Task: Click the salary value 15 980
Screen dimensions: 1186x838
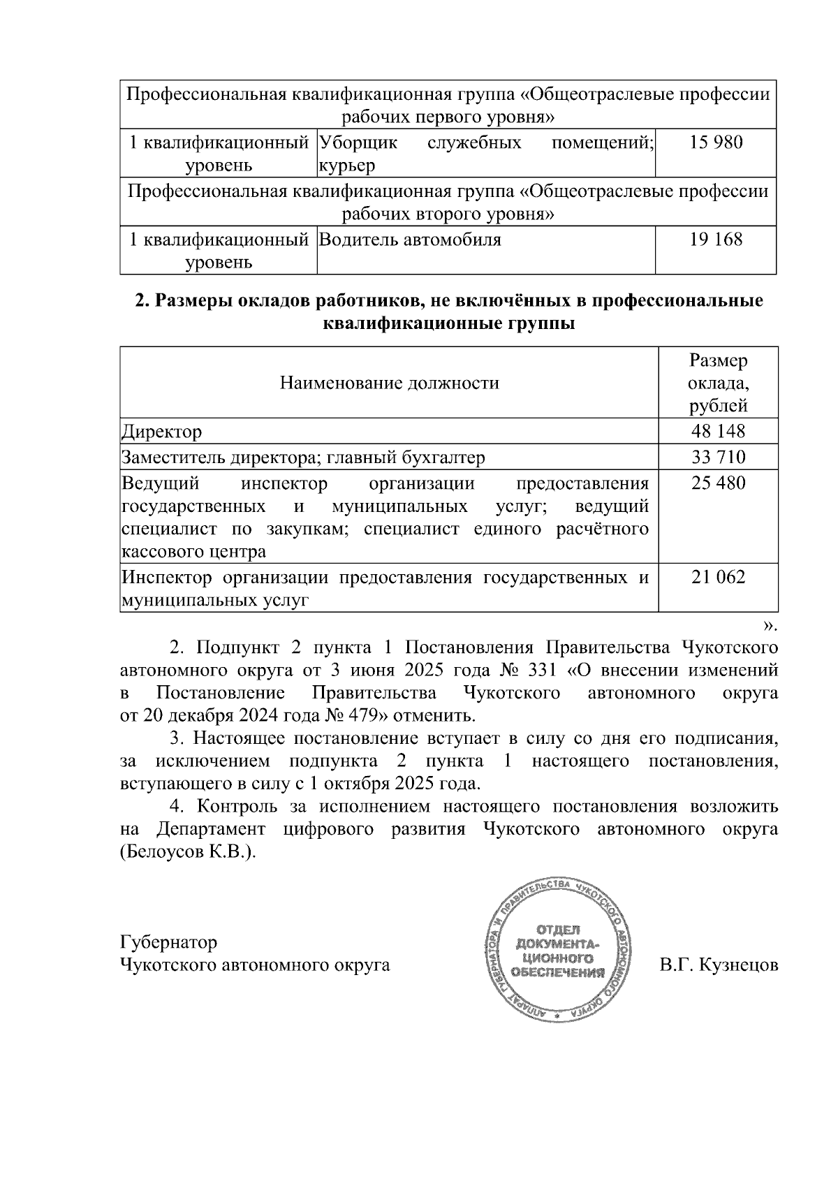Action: [x=716, y=143]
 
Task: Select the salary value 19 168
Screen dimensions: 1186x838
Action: [x=716, y=240]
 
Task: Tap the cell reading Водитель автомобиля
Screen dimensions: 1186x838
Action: [x=410, y=240]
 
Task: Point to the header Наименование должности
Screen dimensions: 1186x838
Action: [x=390, y=383]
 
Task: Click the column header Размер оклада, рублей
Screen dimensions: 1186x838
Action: [x=717, y=383]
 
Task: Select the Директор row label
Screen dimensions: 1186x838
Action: [x=162, y=432]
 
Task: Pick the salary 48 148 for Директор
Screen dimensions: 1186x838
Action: [x=718, y=432]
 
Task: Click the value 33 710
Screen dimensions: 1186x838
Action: [x=718, y=457]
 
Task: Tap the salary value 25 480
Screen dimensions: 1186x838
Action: [x=718, y=483]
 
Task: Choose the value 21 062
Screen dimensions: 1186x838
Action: [x=718, y=577]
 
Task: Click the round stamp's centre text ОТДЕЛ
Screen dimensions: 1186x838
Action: [x=557, y=930]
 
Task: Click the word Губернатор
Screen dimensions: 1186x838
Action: [x=169, y=942]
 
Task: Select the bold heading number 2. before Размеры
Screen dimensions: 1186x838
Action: [x=142, y=301]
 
